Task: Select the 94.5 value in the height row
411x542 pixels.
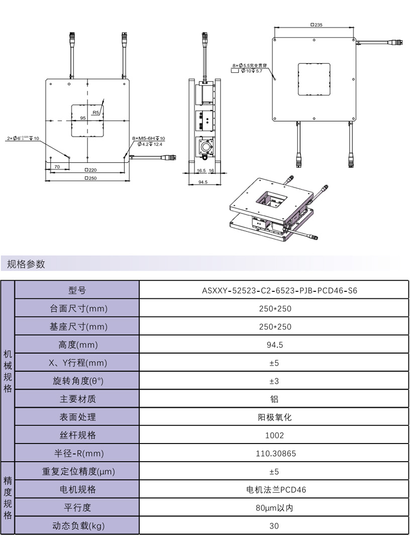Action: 273,345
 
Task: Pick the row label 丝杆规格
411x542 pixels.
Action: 77,435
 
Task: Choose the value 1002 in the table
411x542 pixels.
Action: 274,436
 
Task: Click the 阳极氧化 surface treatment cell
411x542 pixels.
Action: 274,417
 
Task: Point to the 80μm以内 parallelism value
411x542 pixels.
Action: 274,508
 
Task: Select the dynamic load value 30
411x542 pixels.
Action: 274,526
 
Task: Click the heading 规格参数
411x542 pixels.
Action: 26,264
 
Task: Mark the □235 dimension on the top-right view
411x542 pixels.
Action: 316,25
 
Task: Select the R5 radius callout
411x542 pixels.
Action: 96,113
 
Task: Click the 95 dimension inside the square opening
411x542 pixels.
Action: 83,118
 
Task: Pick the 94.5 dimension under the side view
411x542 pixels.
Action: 203,182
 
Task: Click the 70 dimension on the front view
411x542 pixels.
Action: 57,166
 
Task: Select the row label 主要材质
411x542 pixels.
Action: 77,399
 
